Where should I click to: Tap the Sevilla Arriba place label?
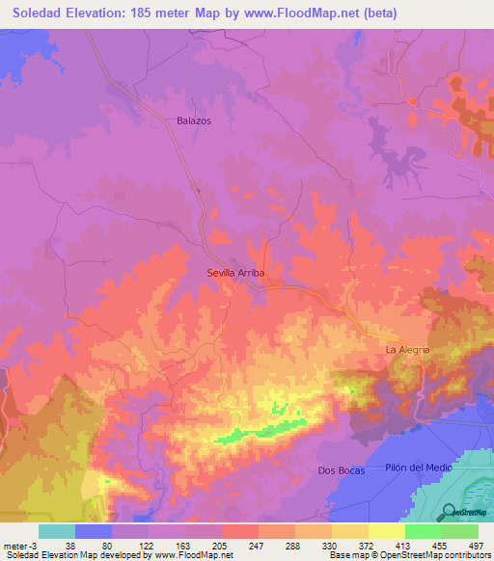[235, 273]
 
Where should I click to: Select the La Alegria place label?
[406, 349]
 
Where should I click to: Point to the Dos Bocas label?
[339, 470]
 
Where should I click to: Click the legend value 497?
[475, 545]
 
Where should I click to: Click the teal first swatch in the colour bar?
[57, 531]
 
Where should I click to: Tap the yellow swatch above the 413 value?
[386, 531]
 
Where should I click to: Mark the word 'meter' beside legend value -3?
[16, 545]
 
